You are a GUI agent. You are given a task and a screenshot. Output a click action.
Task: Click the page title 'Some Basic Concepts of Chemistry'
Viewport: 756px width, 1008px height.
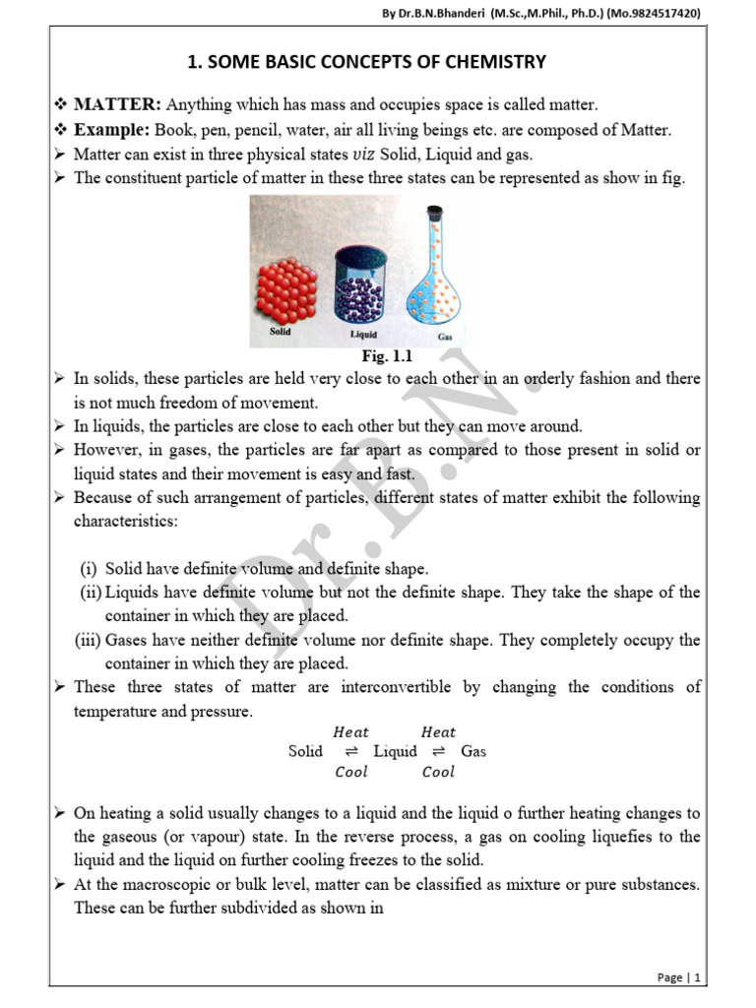tap(378, 63)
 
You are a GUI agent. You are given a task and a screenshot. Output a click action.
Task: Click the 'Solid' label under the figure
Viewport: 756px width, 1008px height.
tap(282, 332)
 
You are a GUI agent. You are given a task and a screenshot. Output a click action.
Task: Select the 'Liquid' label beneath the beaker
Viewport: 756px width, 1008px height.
tap(363, 335)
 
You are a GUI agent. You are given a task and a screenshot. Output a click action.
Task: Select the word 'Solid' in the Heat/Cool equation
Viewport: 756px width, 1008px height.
tap(305, 751)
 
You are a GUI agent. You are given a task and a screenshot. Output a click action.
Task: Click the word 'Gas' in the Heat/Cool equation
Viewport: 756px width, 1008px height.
tap(473, 751)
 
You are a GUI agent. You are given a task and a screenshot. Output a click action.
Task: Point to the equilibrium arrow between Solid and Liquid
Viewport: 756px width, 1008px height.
tap(351, 752)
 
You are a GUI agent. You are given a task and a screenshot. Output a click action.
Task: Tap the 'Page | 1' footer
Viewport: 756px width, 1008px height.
tap(678, 977)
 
